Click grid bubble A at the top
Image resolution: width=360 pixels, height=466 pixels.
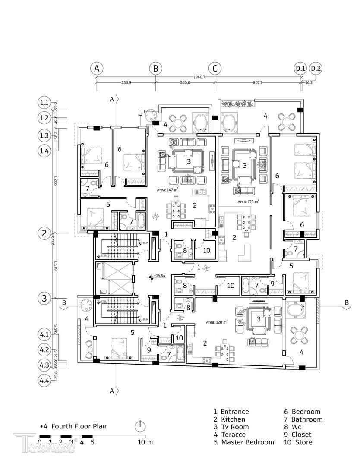pyautogui.click(x=97, y=69)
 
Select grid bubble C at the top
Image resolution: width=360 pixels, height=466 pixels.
pyautogui.click(x=215, y=69)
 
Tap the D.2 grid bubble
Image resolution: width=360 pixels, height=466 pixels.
pyautogui.click(x=316, y=69)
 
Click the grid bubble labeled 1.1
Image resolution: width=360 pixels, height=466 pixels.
pyautogui.click(x=44, y=103)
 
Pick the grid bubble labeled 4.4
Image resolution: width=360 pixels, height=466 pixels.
pyautogui.click(x=44, y=380)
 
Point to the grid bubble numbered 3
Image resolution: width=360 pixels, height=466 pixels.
pyautogui.click(x=44, y=298)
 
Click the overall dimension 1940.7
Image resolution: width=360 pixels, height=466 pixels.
pyautogui.click(x=199, y=77)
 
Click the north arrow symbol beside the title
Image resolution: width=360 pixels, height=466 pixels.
pyautogui.click(x=140, y=426)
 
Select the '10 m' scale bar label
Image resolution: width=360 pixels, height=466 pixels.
pyautogui.click(x=145, y=442)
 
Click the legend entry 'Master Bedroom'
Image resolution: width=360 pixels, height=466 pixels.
pyautogui.click(x=247, y=442)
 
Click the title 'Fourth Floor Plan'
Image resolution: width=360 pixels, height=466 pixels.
pyautogui.click(x=79, y=426)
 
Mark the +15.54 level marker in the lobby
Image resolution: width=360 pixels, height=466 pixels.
pyautogui.click(x=157, y=275)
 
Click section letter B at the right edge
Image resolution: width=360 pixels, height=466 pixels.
pyautogui.click(x=346, y=302)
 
